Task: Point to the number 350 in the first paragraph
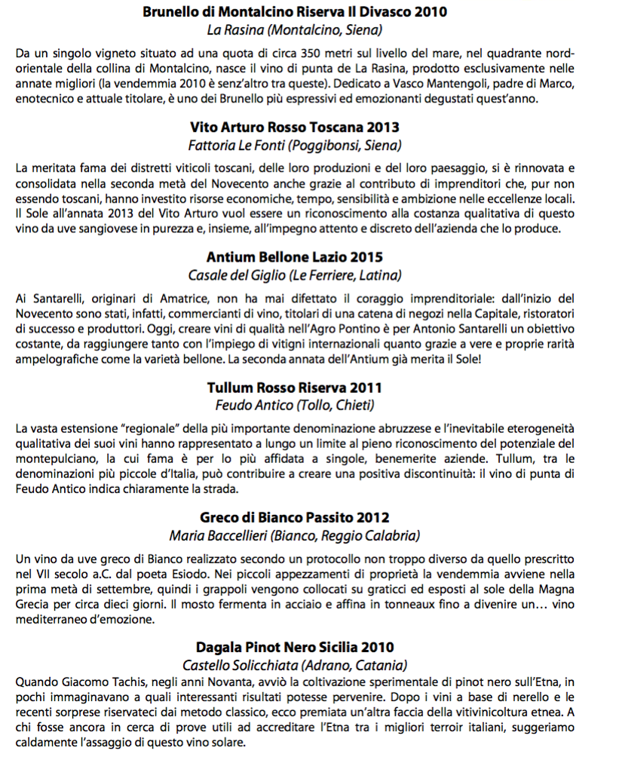pyautogui.click(x=314, y=54)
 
